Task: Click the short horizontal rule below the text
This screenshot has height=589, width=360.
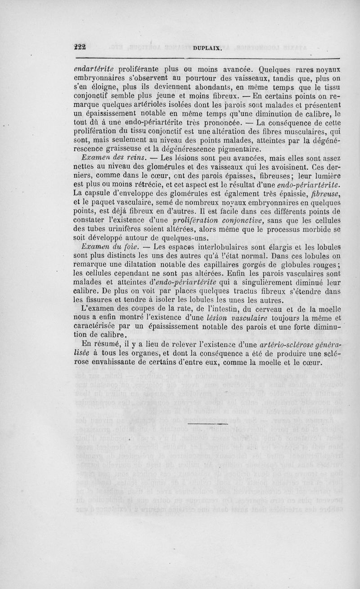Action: click(x=207, y=423)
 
